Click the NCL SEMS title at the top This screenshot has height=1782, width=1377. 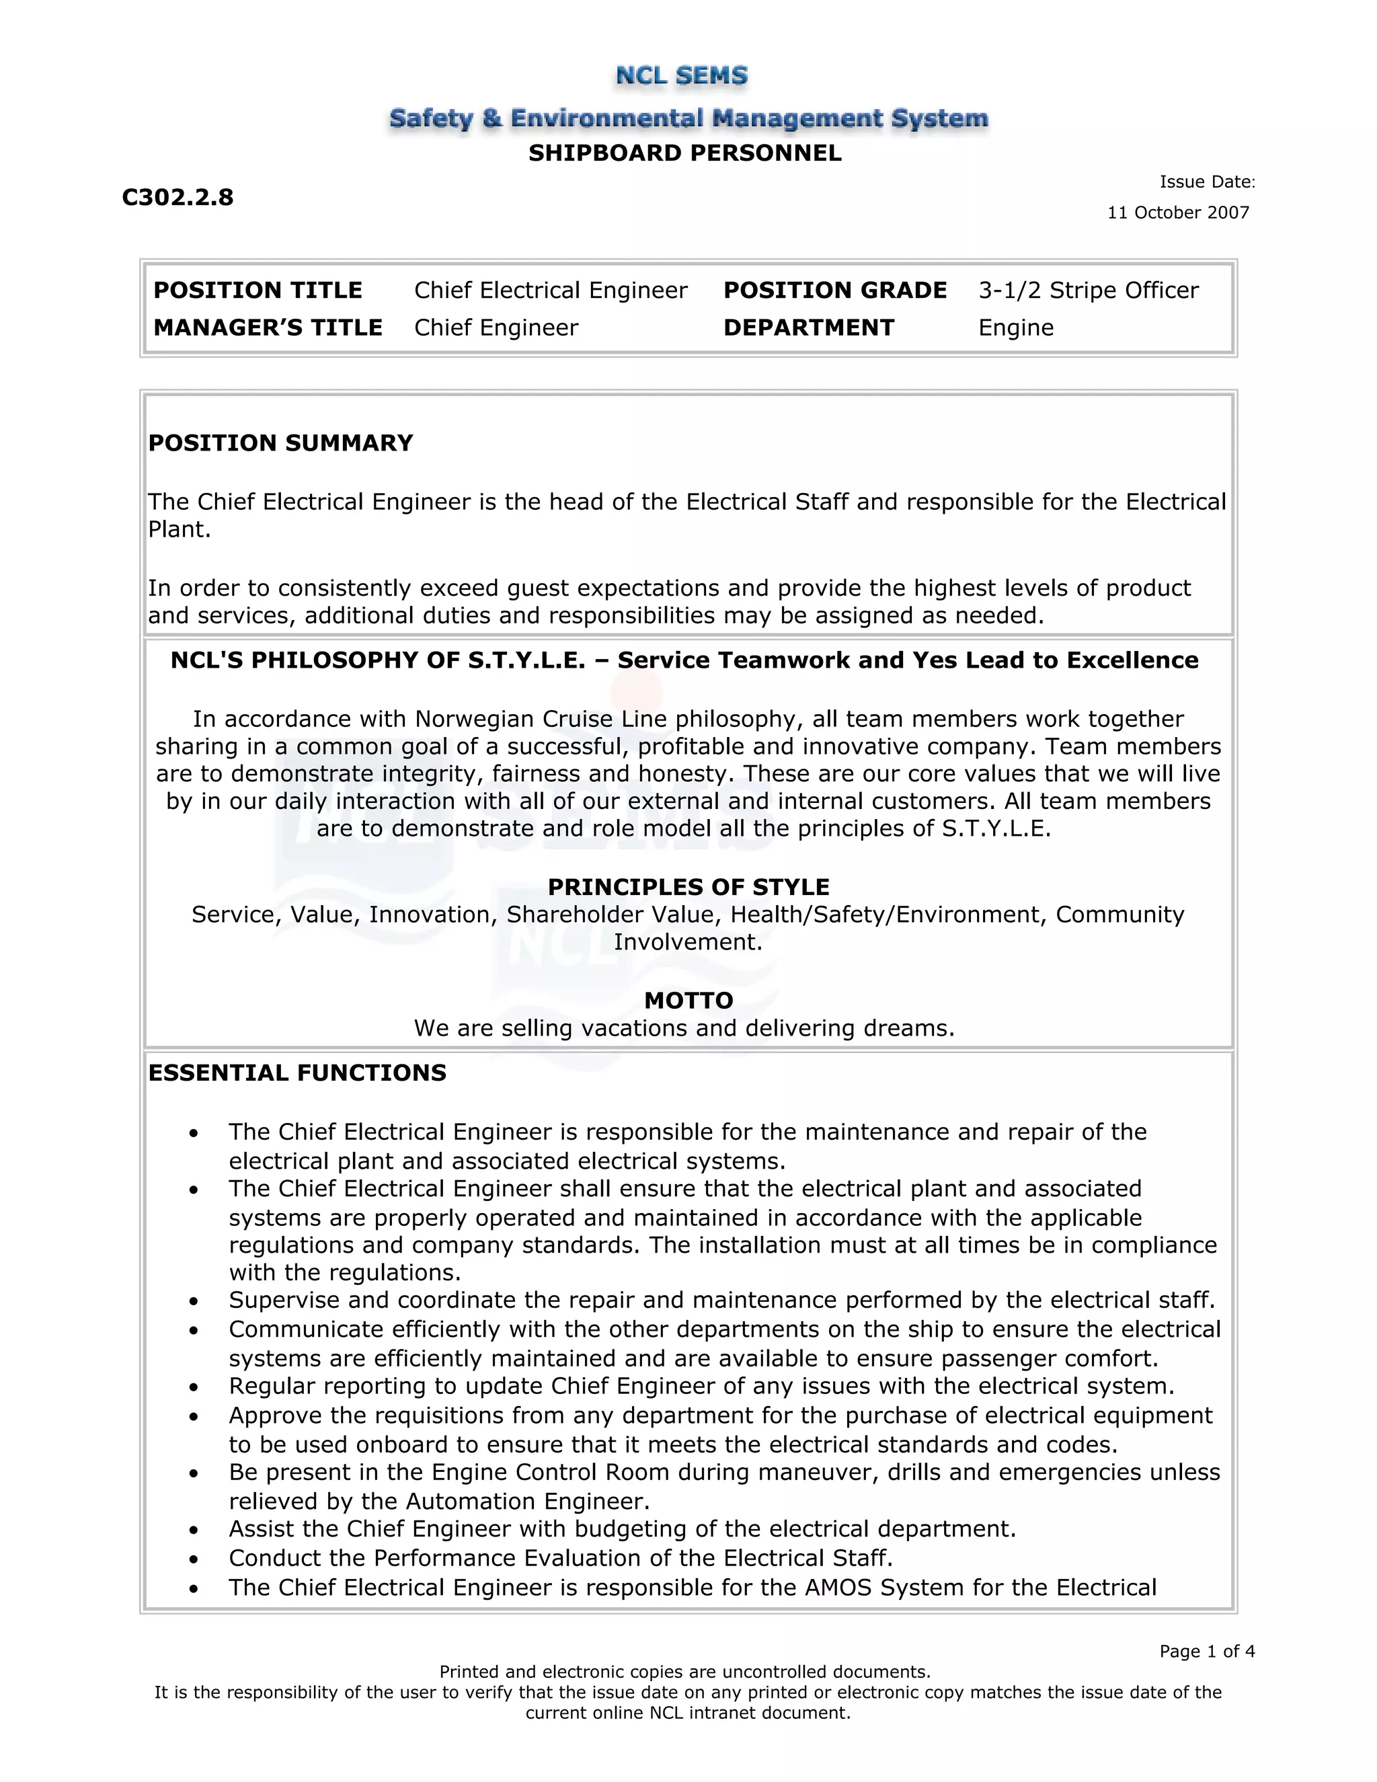pyautogui.click(x=681, y=76)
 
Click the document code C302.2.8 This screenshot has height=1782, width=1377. pyautogui.click(x=178, y=198)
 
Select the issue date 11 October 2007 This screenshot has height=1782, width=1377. pyautogui.click(x=1177, y=213)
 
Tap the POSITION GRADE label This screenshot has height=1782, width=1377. pyautogui.click(x=834, y=290)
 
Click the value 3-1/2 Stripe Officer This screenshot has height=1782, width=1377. pyautogui.click(x=1089, y=290)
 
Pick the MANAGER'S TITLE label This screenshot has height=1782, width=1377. pyautogui.click(x=268, y=328)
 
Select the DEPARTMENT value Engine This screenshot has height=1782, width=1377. pyautogui.click(x=1016, y=328)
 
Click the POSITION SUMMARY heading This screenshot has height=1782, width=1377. pyautogui.click(x=280, y=443)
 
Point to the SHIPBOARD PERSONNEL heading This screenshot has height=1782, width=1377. pyautogui.click(x=684, y=153)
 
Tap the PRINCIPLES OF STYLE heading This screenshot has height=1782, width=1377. pyautogui.click(x=688, y=887)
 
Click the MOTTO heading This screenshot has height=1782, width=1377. pyautogui.click(x=688, y=1001)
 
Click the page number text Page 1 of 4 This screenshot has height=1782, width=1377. pyautogui.click(x=1206, y=1652)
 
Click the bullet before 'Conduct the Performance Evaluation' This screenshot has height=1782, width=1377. pyautogui.click(x=194, y=1559)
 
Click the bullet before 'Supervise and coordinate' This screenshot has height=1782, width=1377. pyautogui.click(x=194, y=1301)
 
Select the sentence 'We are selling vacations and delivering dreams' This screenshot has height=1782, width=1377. pyautogui.click(x=684, y=1028)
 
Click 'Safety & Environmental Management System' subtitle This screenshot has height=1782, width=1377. pyautogui.click(x=688, y=118)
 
